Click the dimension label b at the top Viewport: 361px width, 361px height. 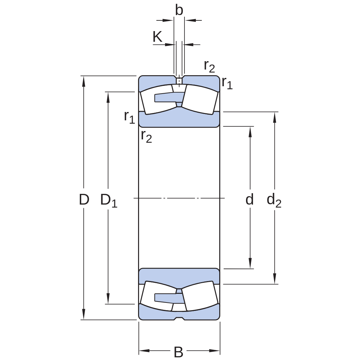(179, 10)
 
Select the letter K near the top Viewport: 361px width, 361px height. (157, 37)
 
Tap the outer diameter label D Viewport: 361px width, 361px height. (84, 199)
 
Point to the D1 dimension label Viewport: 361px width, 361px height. (109, 200)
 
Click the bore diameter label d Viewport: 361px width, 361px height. (250, 199)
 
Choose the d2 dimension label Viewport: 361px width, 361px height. (274, 200)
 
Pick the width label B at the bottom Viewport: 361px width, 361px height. (178, 352)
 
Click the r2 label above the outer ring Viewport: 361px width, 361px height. (209, 66)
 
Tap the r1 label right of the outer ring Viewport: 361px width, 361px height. (227, 83)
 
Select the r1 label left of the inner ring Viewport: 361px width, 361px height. (129, 117)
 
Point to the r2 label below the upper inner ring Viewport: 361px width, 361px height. (146, 136)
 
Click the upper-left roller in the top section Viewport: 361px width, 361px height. (157, 99)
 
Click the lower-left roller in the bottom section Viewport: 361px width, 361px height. (157, 296)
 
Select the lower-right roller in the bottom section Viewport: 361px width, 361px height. (200, 296)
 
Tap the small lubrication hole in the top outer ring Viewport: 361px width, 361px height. (179, 81)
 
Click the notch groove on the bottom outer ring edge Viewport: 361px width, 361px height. (179, 319)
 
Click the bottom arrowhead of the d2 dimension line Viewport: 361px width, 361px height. (274, 278)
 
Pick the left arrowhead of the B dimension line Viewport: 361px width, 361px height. (144, 351)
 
